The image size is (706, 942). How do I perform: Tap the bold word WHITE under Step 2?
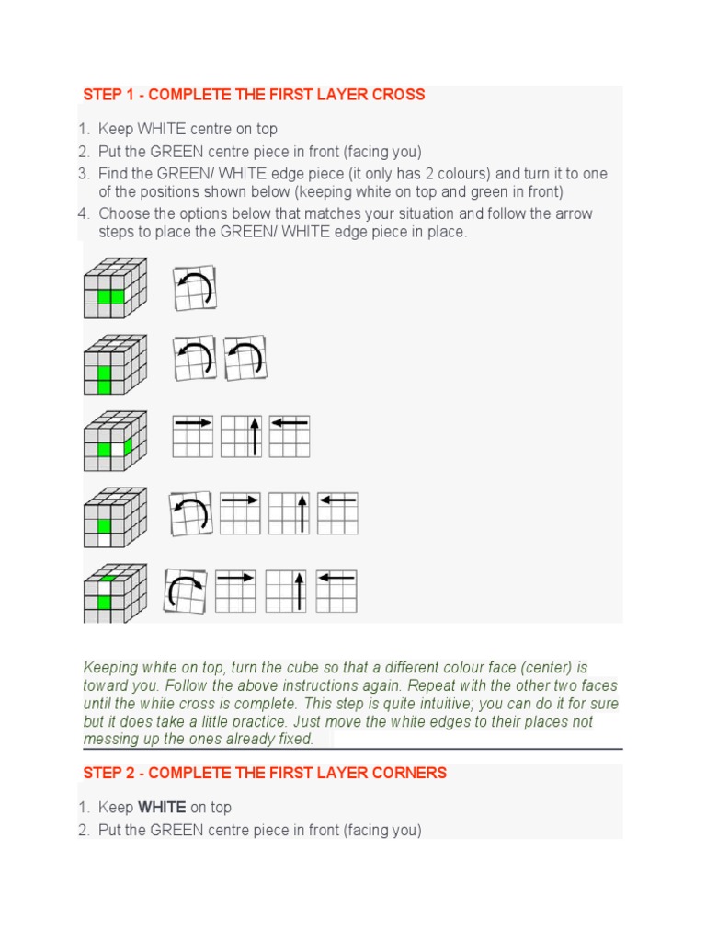(162, 808)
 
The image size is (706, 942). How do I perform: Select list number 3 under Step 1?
(83, 174)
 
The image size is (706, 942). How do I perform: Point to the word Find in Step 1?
(113, 174)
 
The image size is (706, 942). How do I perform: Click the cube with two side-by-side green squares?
(115, 288)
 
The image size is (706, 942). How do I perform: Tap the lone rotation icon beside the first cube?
(195, 288)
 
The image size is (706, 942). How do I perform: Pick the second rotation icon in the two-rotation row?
(245, 359)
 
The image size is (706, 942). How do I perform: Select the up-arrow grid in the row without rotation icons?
(241, 436)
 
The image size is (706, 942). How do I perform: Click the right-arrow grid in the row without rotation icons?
(193, 436)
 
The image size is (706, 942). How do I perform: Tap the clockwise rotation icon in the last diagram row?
(186, 591)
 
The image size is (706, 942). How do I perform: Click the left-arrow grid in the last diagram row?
(336, 591)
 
